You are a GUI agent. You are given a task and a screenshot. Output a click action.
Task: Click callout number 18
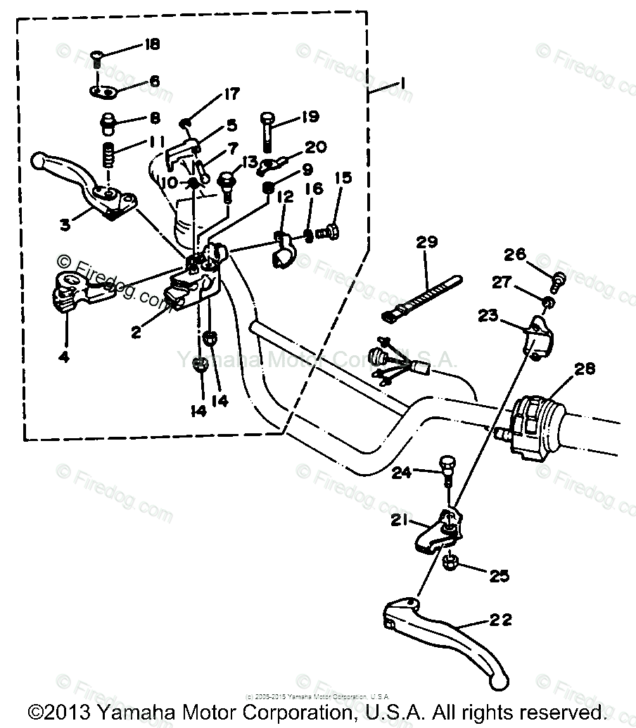tap(151, 44)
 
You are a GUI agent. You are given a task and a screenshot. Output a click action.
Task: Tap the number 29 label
tap(426, 243)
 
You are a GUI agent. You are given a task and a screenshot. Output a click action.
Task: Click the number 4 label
tap(64, 357)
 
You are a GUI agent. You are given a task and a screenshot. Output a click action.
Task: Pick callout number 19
tap(310, 117)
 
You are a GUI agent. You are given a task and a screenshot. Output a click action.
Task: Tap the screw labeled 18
tap(98, 57)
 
